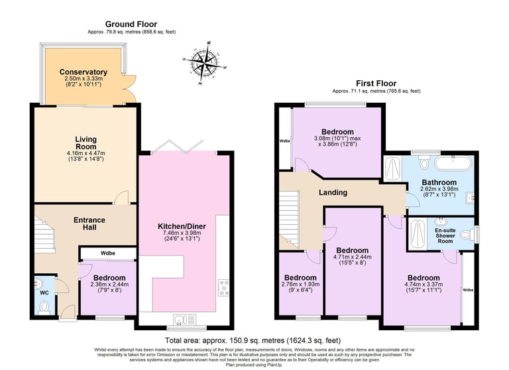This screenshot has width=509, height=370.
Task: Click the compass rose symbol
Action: pyautogui.click(x=205, y=63)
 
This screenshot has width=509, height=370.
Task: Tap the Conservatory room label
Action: pyautogui.click(x=84, y=72)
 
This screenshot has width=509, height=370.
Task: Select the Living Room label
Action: pyautogui.click(x=85, y=143)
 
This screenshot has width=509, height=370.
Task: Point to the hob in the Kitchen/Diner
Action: pyautogui.click(x=223, y=288)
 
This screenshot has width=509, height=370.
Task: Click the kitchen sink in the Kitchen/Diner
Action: pyautogui.click(x=184, y=320)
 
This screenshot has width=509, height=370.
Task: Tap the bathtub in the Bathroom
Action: pyautogui.click(x=453, y=163)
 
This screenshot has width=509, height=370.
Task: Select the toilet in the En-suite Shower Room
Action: pyautogui.click(x=467, y=234)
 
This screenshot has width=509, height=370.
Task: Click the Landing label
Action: pyautogui.click(x=333, y=193)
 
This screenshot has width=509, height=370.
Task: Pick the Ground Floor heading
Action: pyautogui.click(x=131, y=25)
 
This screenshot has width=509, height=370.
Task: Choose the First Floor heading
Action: pyautogui.click(x=376, y=84)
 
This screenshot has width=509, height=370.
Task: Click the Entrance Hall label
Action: pyautogui.click(x=89, y=223)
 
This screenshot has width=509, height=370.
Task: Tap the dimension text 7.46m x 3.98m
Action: pyautogui.click(x=182, y=233)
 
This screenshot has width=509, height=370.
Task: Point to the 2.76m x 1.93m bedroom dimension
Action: pyautogui.click(x=300, y=284)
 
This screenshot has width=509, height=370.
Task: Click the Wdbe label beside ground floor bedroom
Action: pyautogui.click(x=108, y=253)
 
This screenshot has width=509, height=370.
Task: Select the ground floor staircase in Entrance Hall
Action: pyautogui.click(x=44, y=235)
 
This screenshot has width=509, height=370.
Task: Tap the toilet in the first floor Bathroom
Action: pyautogui.click(x=424, y=162)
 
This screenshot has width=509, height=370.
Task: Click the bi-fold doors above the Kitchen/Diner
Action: pyautogui.click(x=178, y=147)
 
